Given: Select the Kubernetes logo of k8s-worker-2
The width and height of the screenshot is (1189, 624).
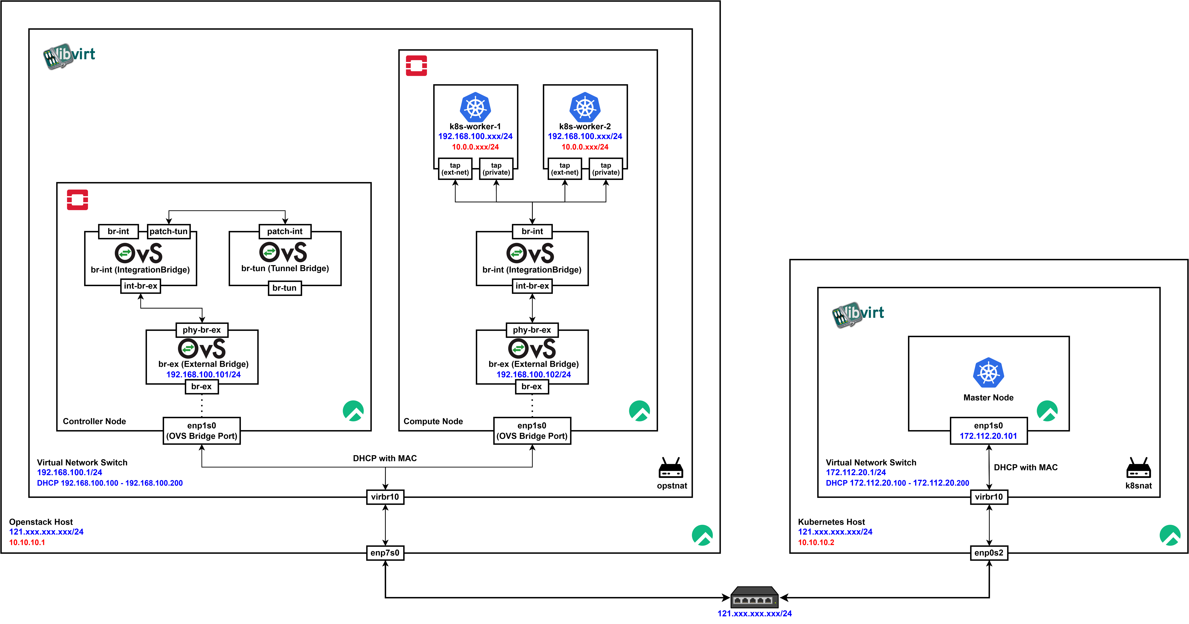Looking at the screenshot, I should (x=585, y=107).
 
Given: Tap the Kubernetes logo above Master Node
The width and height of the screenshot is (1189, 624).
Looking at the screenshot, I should (x=988, y=373).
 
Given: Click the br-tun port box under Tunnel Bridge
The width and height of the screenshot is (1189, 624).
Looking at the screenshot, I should (x=284, y=288).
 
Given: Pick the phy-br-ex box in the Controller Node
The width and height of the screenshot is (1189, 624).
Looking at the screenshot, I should (x=202, y=330).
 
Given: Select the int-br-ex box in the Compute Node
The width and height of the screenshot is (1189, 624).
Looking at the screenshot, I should (x=532, y=286).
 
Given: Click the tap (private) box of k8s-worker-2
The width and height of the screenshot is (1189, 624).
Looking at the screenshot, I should (x=606, y=169).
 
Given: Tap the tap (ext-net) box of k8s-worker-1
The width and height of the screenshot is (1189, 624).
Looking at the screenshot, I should (x=455, y=169).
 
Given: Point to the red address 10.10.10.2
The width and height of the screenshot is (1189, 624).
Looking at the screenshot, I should (x=816, y=542).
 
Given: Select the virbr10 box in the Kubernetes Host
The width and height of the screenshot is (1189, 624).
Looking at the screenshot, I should (x=989, y=497).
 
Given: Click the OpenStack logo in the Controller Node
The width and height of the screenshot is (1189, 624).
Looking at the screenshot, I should (x=77, y=200).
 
